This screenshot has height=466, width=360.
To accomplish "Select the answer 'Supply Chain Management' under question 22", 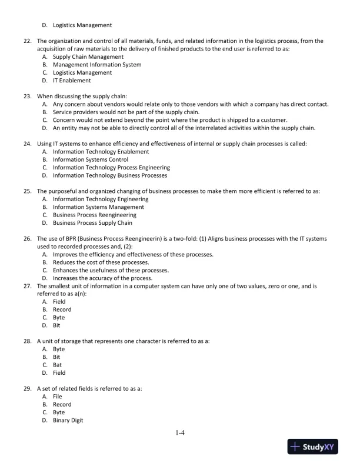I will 88,57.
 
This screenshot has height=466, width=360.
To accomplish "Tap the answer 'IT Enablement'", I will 72,81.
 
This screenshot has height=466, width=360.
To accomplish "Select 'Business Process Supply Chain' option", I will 92,223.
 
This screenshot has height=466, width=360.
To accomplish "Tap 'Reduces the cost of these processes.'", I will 101,262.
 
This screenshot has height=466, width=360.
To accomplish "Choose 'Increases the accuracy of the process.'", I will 102,278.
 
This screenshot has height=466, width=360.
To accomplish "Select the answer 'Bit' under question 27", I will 58,325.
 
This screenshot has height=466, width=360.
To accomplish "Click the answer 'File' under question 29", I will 58,397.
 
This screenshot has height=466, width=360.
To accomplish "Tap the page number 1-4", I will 180,434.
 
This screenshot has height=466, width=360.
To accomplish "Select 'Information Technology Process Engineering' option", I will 111,167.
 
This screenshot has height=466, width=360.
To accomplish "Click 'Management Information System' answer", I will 96,65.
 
